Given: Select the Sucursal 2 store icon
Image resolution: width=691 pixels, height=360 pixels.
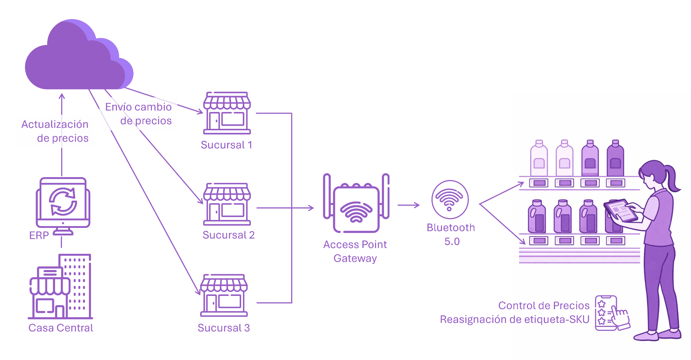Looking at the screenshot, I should pos(227,204).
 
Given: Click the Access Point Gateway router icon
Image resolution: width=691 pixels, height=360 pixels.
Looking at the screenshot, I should pos(356,203).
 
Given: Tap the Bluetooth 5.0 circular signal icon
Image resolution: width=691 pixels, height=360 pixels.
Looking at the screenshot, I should pos(450,199).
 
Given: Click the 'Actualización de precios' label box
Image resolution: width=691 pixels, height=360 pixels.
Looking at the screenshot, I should pos(55,131).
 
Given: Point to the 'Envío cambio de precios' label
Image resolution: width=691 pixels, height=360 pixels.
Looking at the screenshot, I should pos(139,114).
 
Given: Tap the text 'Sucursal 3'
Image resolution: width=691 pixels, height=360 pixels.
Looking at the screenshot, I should pos(223,328).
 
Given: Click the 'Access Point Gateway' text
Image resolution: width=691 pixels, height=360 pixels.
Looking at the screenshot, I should pos(355,251).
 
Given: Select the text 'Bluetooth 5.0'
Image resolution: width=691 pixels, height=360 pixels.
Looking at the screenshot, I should pos(451,234).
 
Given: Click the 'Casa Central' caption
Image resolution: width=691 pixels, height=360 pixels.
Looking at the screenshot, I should pos(60,328).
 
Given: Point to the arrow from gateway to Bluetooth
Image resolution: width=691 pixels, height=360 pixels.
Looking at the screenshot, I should pos(408,205).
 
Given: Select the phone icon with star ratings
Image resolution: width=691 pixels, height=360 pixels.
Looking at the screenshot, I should pos(606,313).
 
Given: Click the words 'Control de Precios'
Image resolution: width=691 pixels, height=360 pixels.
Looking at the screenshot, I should pos(544,306).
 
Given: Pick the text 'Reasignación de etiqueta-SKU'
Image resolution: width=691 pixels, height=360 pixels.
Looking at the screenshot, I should pos(514,319).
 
